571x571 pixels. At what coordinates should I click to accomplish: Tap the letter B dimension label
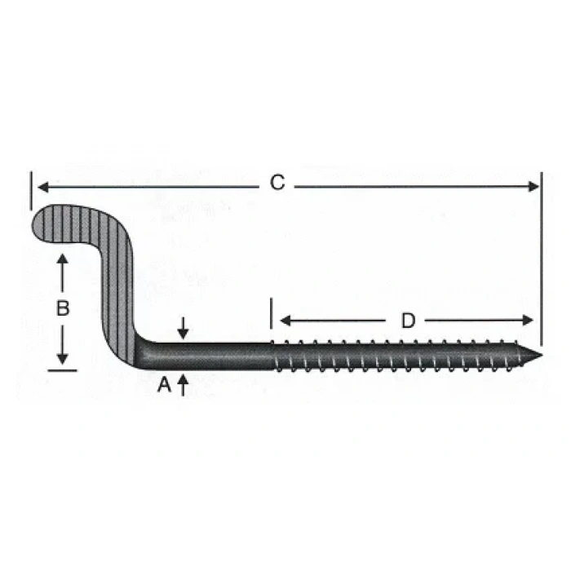[x=62, y=309]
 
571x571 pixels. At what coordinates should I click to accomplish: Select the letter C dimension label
[x=277, y=184]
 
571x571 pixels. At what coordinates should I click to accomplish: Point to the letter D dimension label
[x=407, y=321]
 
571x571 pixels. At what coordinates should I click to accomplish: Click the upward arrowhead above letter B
[x=62, y=259]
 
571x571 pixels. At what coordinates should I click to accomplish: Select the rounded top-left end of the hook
[x=41, y=223]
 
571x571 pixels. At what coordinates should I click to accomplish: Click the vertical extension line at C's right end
[x=540, y=245]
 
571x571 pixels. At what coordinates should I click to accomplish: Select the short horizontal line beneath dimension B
[x=62, y=370]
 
